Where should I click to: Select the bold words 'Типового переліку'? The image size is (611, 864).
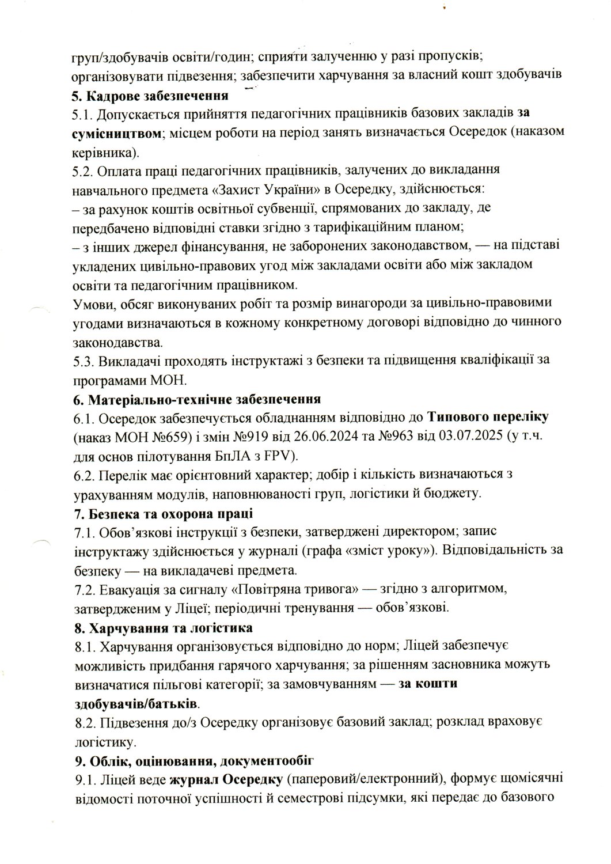coord(481,418)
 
